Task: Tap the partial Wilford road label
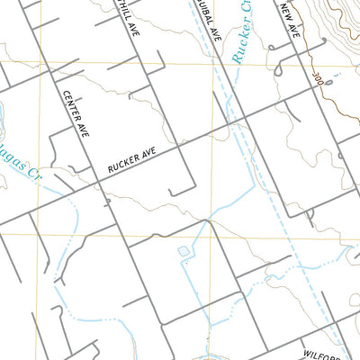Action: [x=320, y=355]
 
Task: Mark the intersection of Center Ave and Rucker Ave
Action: [x=98, y=183]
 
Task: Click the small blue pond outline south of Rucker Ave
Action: [x=184, y=251]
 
